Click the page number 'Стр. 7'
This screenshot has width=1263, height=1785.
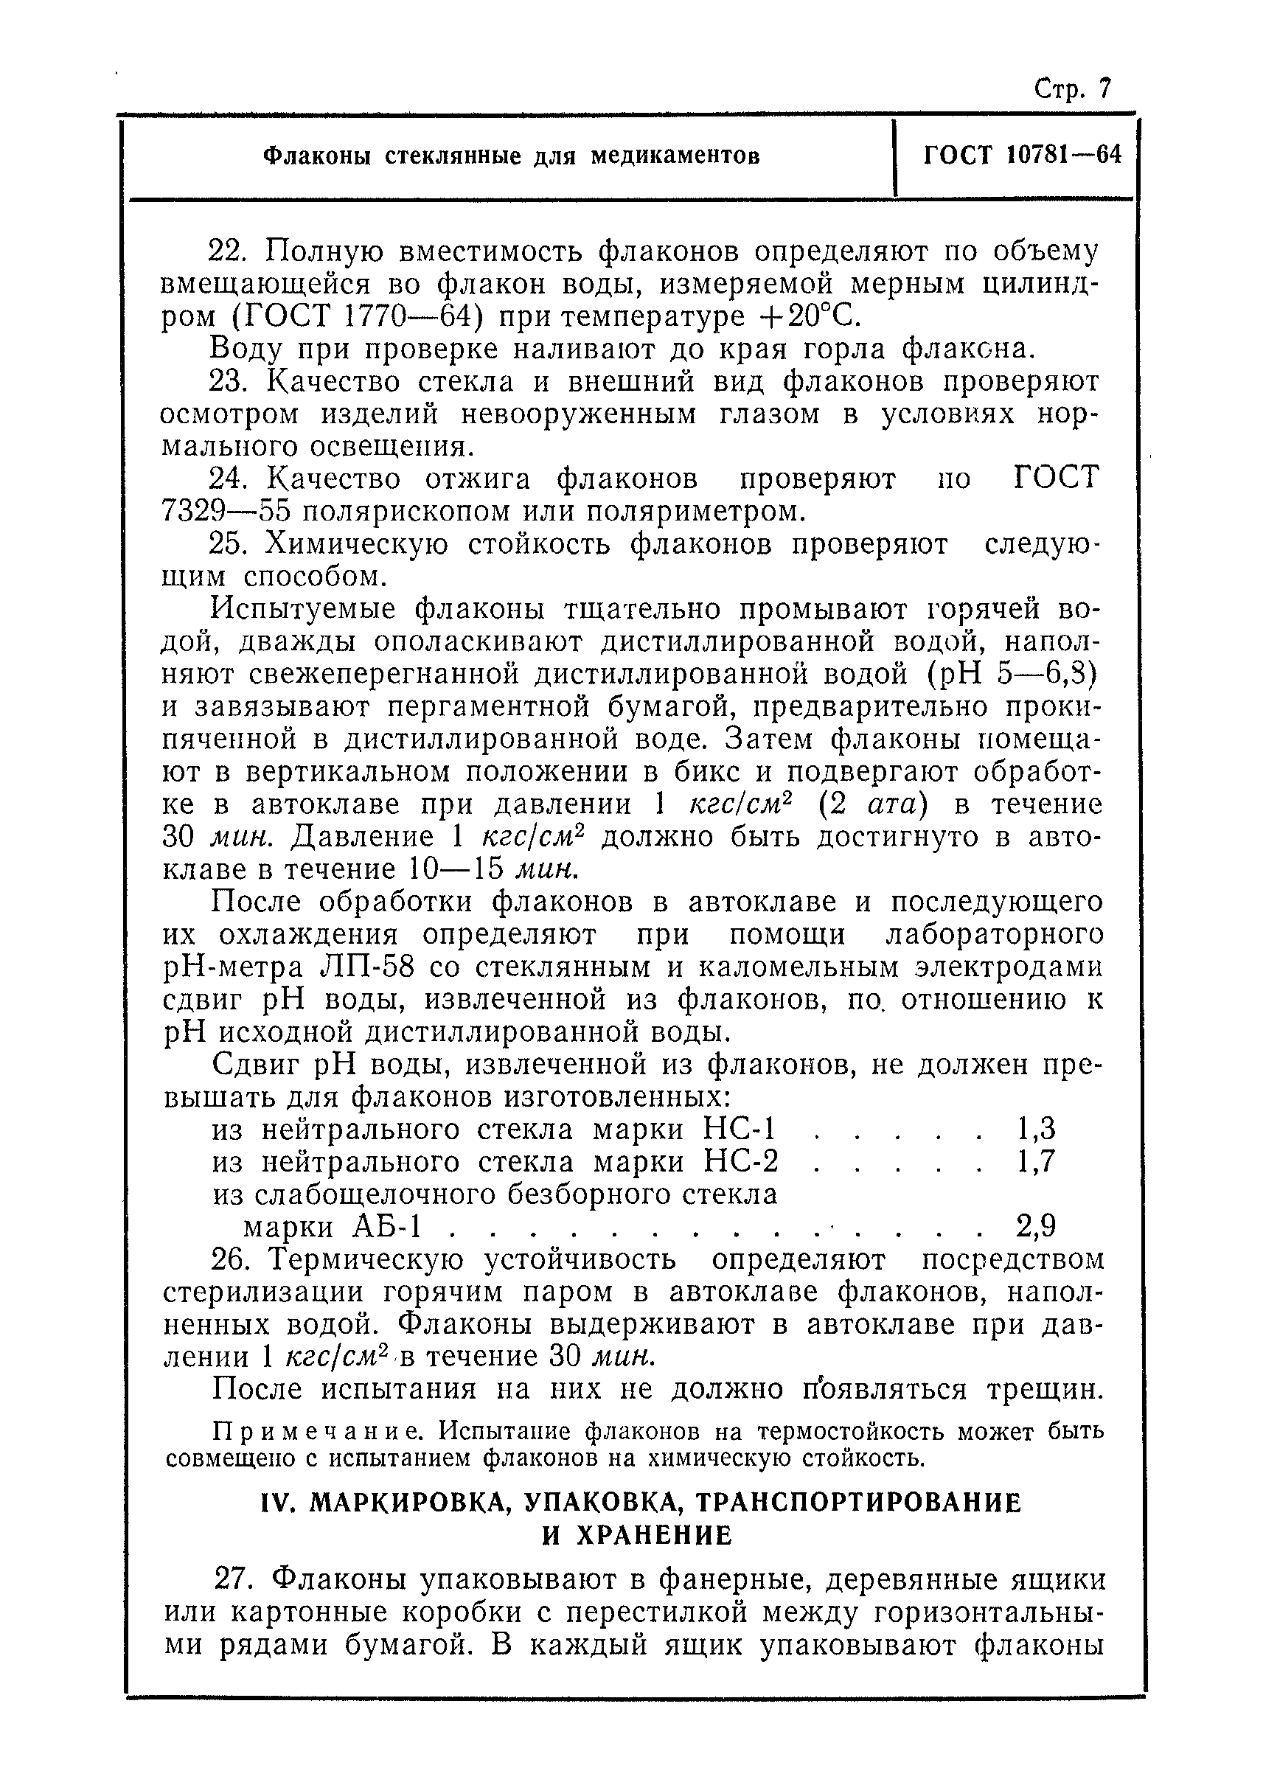tap(1073, 89)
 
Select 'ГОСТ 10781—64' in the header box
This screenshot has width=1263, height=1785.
tap(1022, 155)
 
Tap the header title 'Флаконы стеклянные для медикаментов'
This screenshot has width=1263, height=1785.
tap(511, 156)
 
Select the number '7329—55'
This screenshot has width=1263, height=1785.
tap(226, 512)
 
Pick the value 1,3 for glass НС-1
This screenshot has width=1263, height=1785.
tap(1036, 1130)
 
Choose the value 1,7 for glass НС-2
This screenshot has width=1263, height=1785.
tap(1036, 1162)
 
